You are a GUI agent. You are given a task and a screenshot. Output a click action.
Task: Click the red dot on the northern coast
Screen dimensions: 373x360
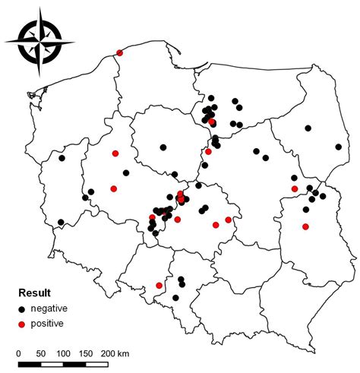pyautogui.click(x=119, y=52)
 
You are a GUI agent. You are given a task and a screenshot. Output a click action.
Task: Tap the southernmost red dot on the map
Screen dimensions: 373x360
pyautogui.click(x=159, y=286)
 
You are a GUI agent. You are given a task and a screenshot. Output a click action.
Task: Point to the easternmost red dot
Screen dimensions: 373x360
pyautogui.click(x=305, y=226)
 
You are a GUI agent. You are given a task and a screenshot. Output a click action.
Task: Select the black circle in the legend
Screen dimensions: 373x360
pyautogui.click(x=23, y=308)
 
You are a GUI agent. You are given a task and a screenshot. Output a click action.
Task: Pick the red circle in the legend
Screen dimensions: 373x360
pyautogui.click(x=23, y=324)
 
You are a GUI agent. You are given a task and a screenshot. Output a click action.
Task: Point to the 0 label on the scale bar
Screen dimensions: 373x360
pyautogui.click(x=19, y=353)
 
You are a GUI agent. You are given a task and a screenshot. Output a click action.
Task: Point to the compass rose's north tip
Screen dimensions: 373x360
pyautogui.click(x=39, y=9)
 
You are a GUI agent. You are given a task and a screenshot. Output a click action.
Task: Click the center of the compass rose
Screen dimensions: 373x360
pyautogui.click(x=39, y=43)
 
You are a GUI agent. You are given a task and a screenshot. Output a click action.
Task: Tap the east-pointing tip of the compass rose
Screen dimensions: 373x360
pyautogui.click(x=74, y=43)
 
